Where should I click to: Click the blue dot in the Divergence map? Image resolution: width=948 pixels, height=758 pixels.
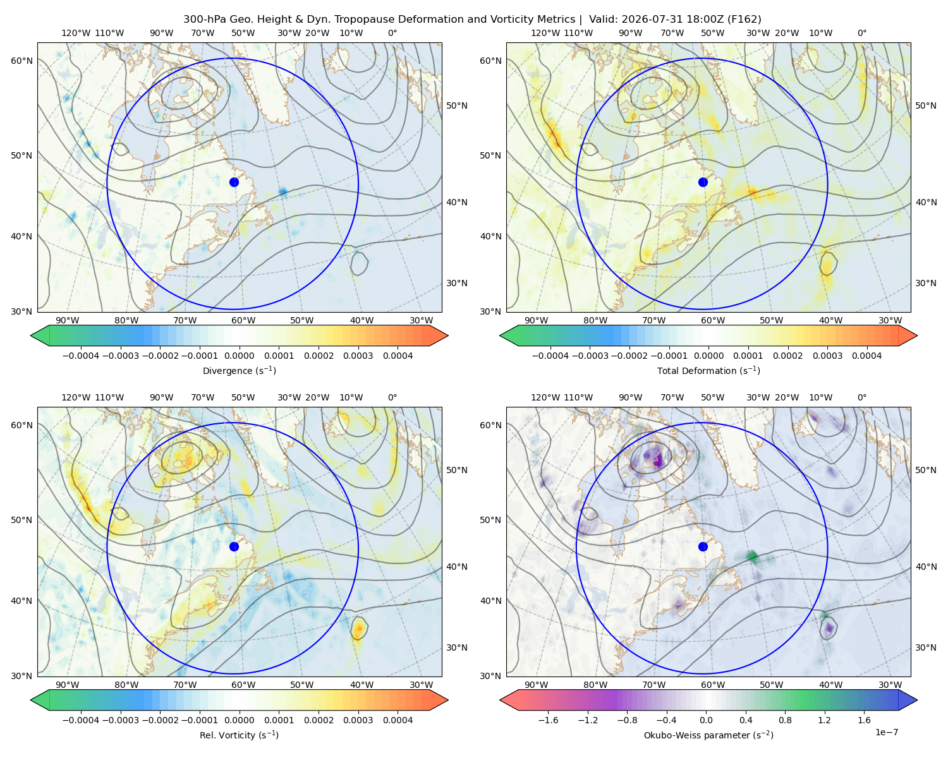coord(234,182)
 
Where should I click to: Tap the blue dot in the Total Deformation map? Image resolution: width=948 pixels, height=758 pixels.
coord(703,182)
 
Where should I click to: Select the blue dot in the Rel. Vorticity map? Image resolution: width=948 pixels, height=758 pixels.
coord(234,546)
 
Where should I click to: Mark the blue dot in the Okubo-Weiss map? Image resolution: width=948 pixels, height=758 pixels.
coord(703,546)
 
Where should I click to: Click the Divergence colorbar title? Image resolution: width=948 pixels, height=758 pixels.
coord(239,370)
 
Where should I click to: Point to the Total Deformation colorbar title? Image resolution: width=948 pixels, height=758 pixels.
coord(708,370)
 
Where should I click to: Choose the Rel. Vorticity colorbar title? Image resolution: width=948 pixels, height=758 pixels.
coord(239,735)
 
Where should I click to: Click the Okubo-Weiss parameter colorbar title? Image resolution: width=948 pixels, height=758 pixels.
coord(708,735)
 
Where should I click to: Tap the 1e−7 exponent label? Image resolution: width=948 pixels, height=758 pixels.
coord(886,732)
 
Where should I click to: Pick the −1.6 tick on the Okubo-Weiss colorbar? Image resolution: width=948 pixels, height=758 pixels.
coord(548,719)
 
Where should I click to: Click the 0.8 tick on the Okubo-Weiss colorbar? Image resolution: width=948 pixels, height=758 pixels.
coord(785,719)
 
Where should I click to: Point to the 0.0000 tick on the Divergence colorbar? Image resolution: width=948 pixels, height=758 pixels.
coord(239,356)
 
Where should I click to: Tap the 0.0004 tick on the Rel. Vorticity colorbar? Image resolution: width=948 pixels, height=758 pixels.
coord(398,719)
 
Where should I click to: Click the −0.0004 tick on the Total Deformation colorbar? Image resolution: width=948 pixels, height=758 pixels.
coord(550,356)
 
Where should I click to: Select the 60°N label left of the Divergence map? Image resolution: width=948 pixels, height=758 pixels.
coord(21,61)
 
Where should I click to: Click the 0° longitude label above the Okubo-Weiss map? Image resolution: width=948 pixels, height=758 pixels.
coord(861,397)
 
